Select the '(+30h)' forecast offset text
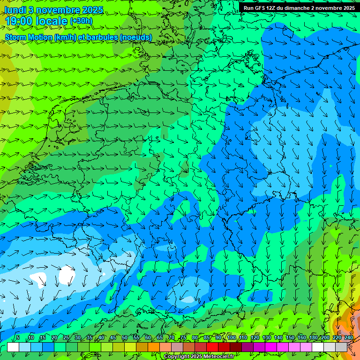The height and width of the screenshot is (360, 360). [81, 21]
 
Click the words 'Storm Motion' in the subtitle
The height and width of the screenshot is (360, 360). [28, 37]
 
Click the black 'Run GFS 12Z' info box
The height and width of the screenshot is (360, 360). [299, 8]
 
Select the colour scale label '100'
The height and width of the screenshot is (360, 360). [232, 338]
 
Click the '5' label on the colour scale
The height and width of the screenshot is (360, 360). [18, 338]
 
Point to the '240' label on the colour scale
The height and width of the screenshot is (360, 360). [348, 338]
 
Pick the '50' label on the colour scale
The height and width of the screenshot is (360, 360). [125, 338]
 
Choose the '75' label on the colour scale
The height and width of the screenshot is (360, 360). [183, 338]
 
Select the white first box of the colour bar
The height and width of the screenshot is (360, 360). [13, 347]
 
